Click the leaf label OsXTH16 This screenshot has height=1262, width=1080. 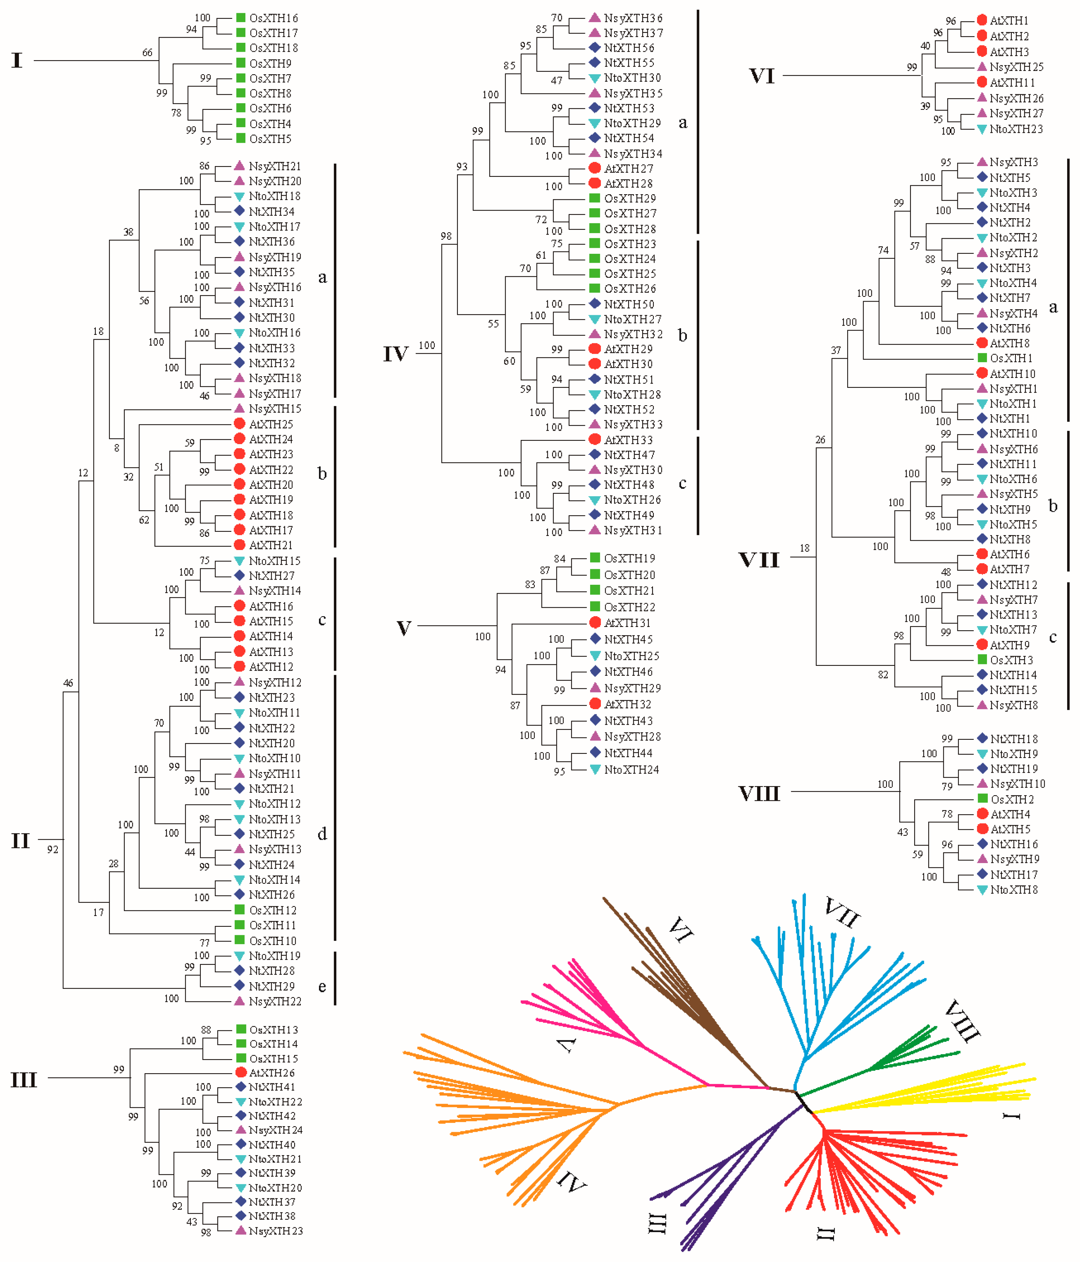(x=274, y=18)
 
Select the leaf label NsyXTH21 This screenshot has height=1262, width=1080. (x=275, y=166)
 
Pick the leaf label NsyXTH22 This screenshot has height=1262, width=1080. (x=275, y=1001)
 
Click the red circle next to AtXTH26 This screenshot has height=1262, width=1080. (x=241, y=1073)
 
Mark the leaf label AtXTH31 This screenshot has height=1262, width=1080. (x=628, y=623)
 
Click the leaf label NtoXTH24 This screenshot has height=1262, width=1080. (x=631, y=770)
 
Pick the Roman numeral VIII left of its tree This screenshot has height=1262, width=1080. (x=759, y=794)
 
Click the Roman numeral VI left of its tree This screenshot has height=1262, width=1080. (x=761, y=76)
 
